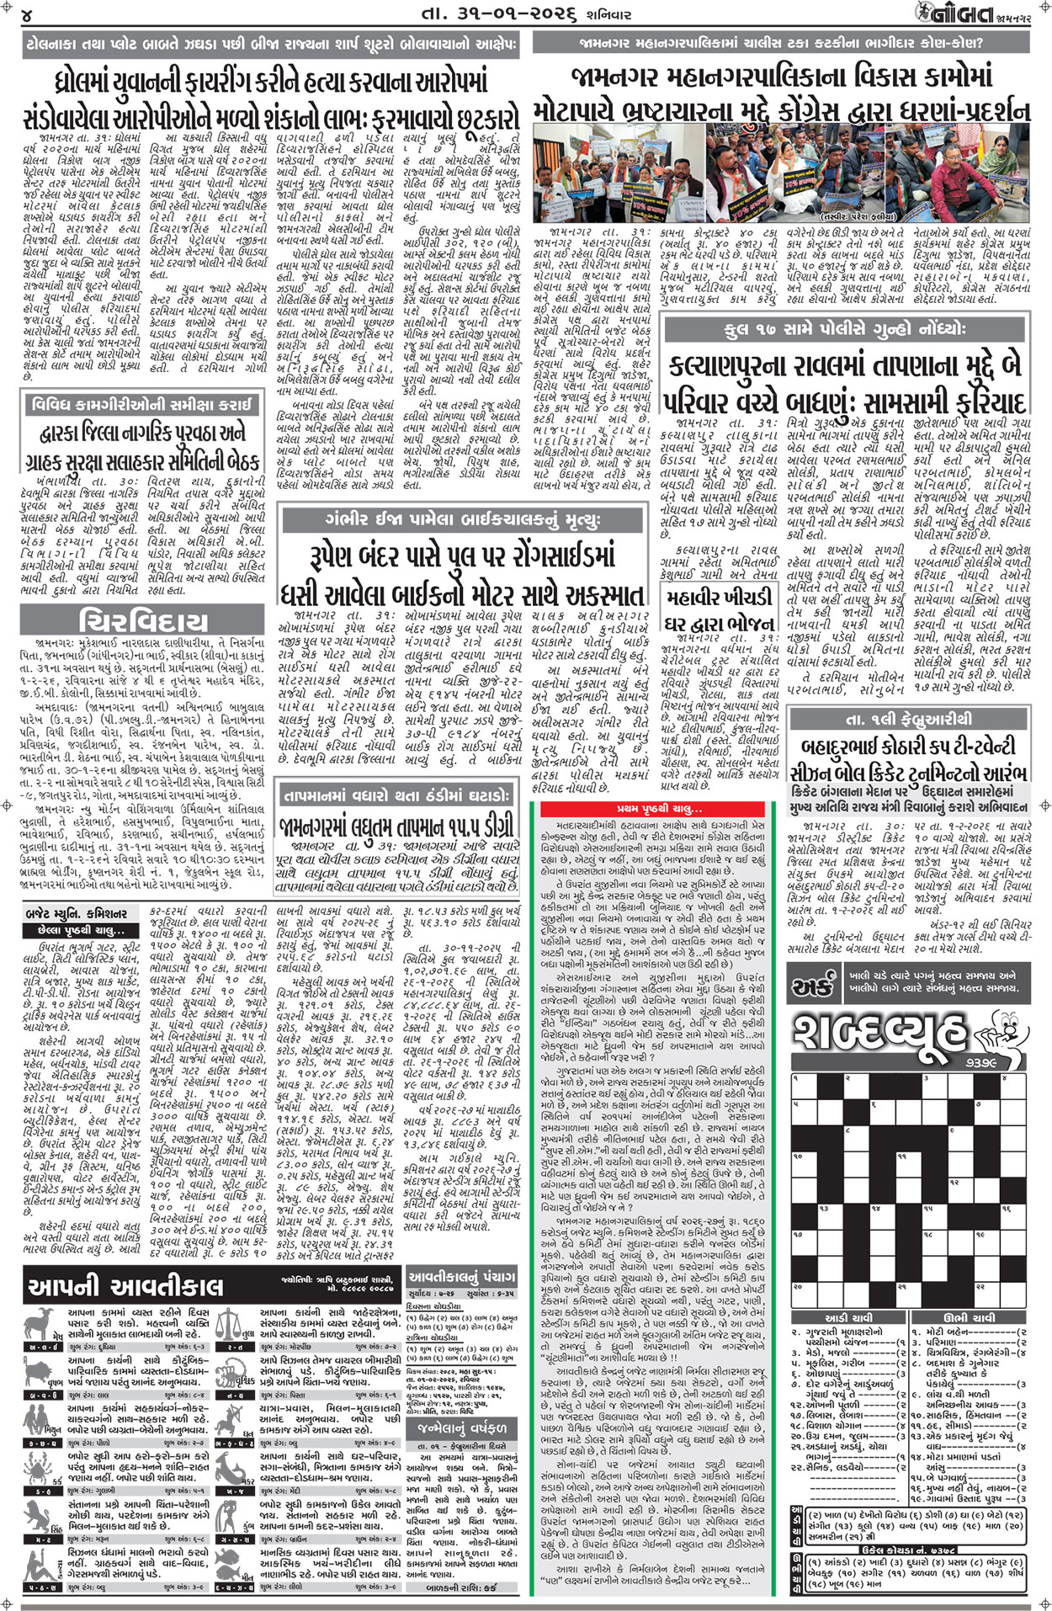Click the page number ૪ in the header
coord(28,14)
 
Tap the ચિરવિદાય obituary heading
coord(143,622)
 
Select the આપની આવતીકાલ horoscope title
coord(126,1286)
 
